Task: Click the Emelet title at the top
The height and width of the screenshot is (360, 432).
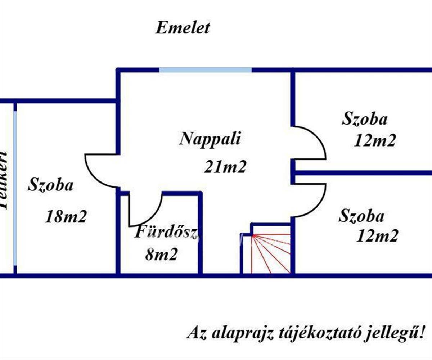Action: [x=182, y=28]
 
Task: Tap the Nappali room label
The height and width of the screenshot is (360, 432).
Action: [x=210, y=139]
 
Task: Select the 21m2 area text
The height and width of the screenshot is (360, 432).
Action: [x=225, y=167]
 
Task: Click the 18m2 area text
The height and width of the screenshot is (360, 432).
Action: [x=66, y=217]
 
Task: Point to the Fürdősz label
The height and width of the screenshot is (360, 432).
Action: [x=166, y=233]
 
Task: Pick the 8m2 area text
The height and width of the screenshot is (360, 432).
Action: [x=162, y=255]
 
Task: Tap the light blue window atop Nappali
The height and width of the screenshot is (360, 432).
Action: [x=205, y=70]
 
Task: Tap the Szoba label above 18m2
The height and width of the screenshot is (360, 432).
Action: [x=50, y=185]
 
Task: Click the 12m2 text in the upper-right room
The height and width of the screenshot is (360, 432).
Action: [x=375, y=141]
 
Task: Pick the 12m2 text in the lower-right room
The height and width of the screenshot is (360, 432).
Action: [x=377, y=236]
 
